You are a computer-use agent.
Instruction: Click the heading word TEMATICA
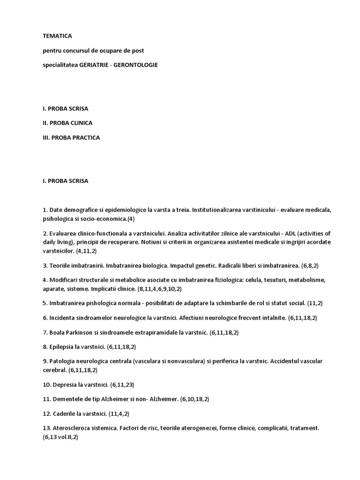(58, 36)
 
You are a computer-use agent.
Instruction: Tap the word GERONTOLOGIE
(139, 65)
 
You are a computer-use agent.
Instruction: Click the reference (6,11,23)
(122, 384)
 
